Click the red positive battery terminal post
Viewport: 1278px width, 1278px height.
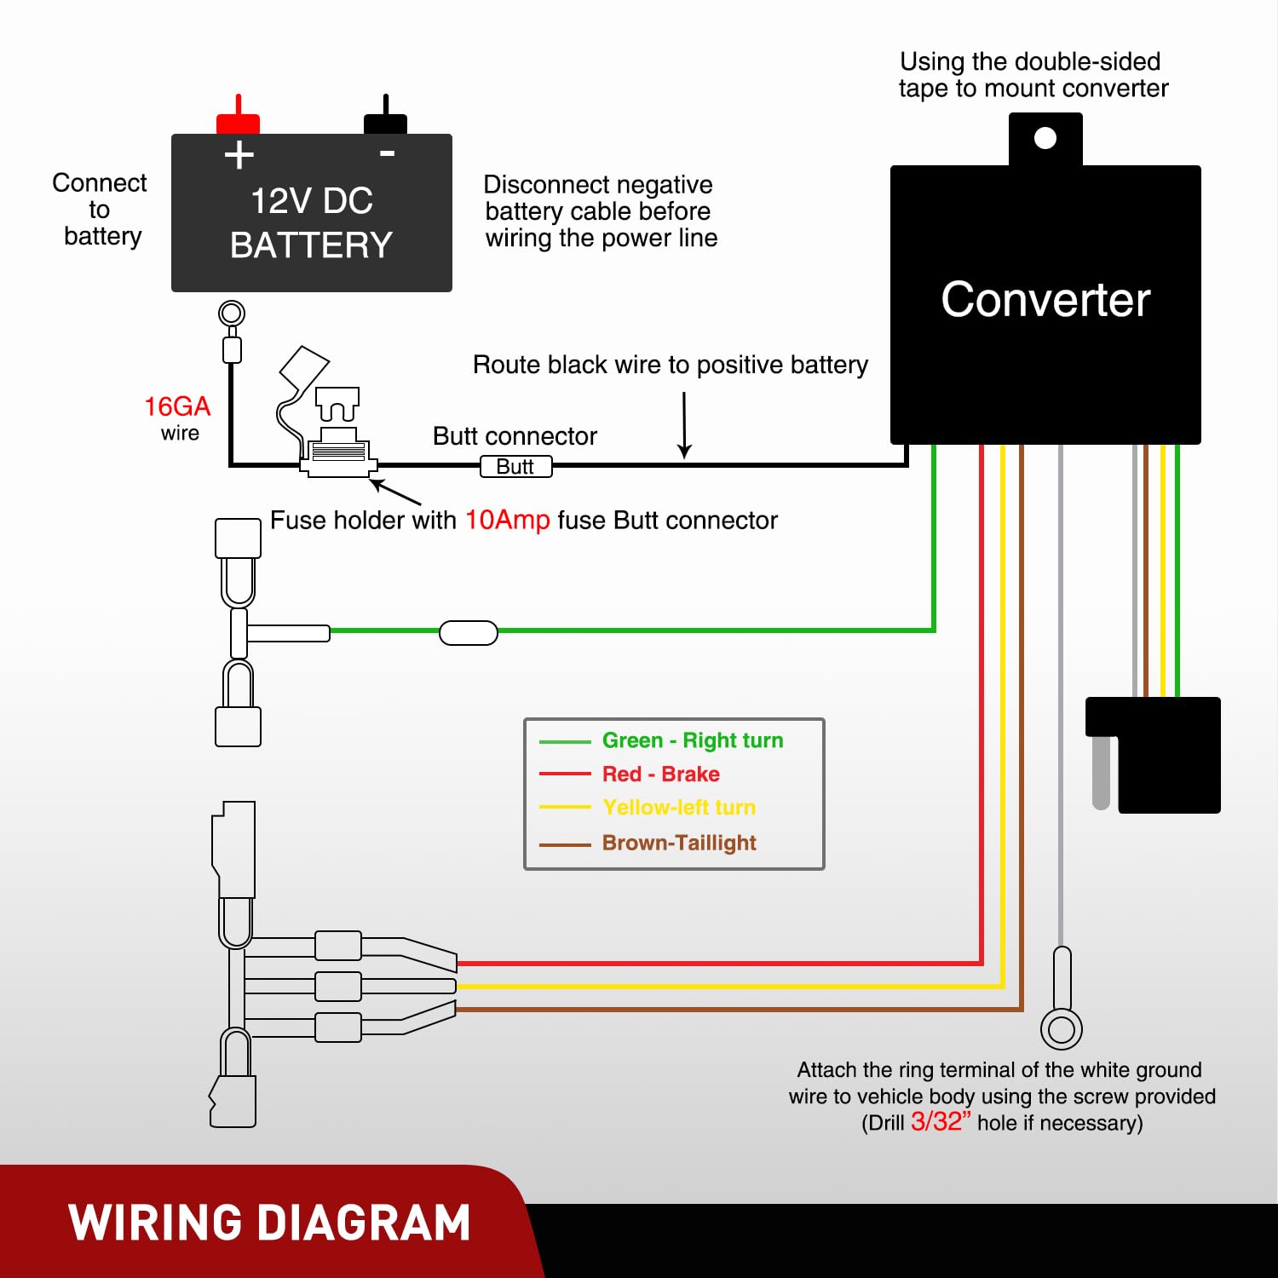pyautogui.click(x=238, y=119)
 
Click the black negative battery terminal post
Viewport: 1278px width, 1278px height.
pyautogui.click(x=386, y=119)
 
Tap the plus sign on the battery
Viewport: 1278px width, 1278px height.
pyautogui.click(x=239, y=155)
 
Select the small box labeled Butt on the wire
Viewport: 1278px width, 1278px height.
pyautogui.click(x=515, y=467)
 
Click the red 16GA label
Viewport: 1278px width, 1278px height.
pyautogui.click(x=177, y=406)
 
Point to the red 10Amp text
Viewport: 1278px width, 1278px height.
pyautogui.click(x=507, y=520)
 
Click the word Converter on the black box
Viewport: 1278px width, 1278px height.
pyautogui.click(x=1045, y=300)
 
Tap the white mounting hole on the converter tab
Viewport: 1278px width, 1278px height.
pyautogui.click(x=1045, y=138)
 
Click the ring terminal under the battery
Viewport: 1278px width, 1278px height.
pyautogui.click(x=232, y=314)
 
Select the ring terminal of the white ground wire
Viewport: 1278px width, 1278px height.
pyautogui.click(x=1062, y=1029)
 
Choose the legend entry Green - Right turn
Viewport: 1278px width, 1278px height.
pyautogui.click(x=692, y=740)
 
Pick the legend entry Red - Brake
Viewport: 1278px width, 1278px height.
pyautogui.click(x=660, y=774)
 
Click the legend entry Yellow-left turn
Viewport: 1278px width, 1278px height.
pyautogui.click(x=678, y=807)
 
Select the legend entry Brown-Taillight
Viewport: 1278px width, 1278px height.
pyautogui.click(x=678, y=843)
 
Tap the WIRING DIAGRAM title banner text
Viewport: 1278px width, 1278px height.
pyautogui.click(x=269, y=1223)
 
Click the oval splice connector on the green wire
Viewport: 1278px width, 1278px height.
pyautogui.click(x=469, y=633)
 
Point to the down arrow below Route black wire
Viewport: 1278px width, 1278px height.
pyautogui.click(x=684, y=426)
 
